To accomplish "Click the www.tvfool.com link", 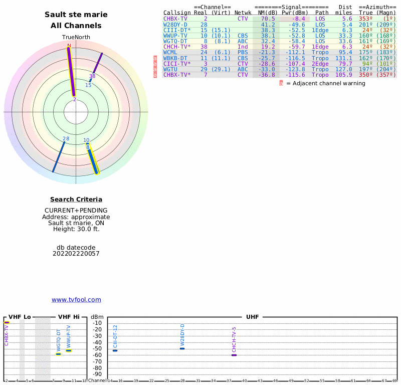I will point(76,300).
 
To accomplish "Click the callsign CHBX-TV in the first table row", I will point(175,19).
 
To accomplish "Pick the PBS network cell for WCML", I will point(243,52).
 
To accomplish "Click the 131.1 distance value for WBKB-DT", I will point(343,58).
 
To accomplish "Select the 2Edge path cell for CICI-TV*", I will point(320,64).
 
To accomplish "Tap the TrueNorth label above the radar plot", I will point(76,38).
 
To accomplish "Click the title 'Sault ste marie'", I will point(76,15).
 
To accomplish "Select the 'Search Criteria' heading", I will point(76,200).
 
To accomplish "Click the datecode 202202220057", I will point(76,254).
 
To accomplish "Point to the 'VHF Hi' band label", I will point(69,317).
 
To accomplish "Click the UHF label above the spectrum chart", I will point(252,317).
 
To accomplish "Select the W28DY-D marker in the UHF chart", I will point(182,348).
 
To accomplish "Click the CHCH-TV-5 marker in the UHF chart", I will point(234,355).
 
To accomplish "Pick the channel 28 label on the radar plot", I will point(66,139).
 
